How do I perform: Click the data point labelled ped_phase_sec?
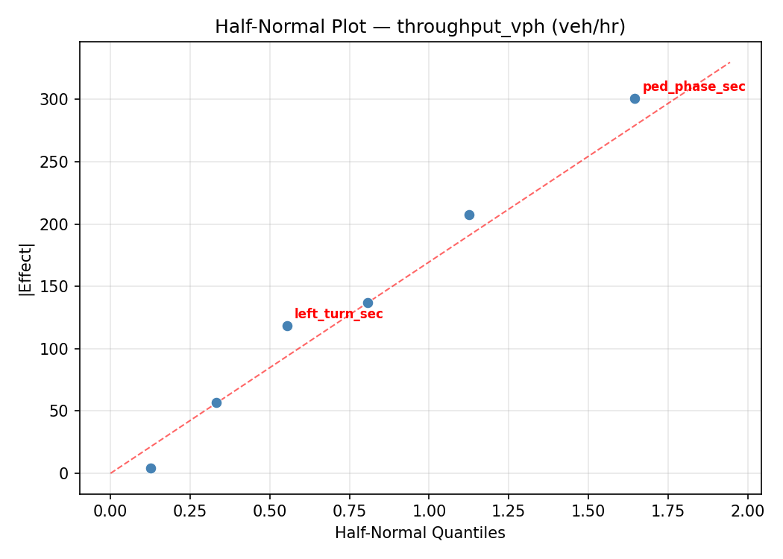point(635,98)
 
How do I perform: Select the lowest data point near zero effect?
point(151,468)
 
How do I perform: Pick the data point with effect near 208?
point(469,215)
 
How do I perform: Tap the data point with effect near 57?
point(216,402)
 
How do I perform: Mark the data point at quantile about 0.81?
point(368,303)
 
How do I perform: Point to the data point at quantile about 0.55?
point(287,326)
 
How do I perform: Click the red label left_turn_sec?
point(339,315)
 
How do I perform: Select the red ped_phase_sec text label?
point(694,87)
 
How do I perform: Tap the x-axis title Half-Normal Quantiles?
point(420,533)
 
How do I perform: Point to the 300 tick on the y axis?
point(58,100)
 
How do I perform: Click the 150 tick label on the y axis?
point(58,287)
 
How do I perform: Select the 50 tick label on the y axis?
point(62,411)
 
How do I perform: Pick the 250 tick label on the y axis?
point(58,162)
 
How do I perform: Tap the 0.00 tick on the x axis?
point(110,511)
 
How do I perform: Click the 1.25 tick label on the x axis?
point(508,511)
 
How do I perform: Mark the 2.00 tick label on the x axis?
point(746,511)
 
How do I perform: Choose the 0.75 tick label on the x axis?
point(349,511)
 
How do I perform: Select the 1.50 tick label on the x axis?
point(588,511)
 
